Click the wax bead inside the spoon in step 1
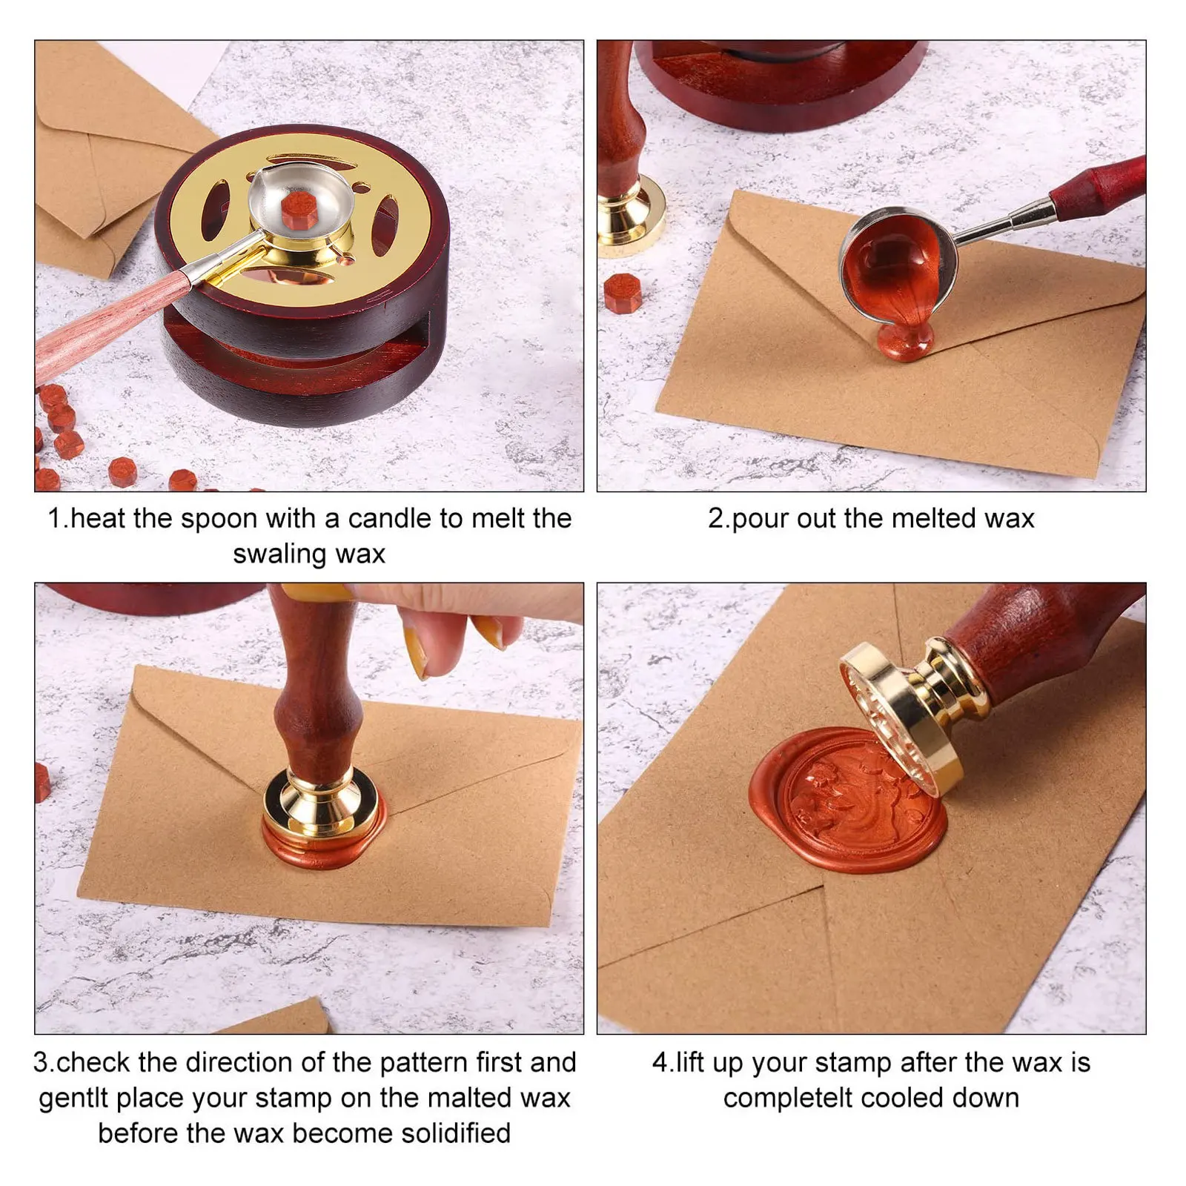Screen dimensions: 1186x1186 (x=299, y=210)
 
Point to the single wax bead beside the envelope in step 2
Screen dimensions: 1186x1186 (x=622, y=294)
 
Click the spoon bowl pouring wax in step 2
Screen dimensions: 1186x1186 (x=897, y=263)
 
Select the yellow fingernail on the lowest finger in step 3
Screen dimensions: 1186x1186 (x=420, y=652)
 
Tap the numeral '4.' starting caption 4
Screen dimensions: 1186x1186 (x=662, y=1062)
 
